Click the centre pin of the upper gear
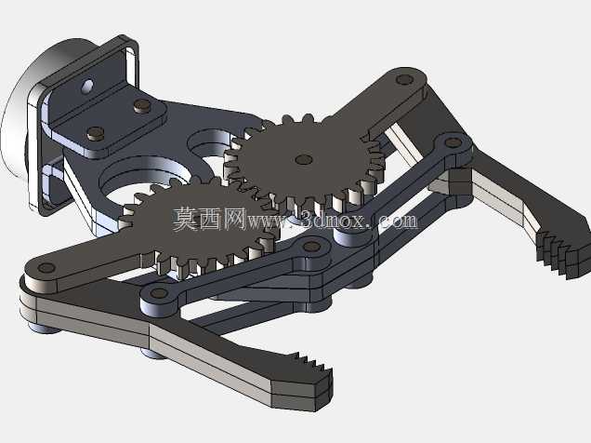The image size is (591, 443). pos(304,160)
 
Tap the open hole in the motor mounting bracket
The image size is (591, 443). pos(87,86)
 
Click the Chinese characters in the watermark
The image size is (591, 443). pos(209,219)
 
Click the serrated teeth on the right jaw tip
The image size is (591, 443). pos(557,252)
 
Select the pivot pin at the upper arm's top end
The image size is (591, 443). pos(405,80)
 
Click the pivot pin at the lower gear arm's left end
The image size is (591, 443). pos(46,268)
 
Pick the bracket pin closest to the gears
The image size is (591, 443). pos(142,105)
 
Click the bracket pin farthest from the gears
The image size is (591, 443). pos(96,133)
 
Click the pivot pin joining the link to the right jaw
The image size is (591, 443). pos(453,142)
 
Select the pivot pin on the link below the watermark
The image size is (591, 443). pos(311,248)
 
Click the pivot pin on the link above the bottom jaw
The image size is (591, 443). pos(159,293)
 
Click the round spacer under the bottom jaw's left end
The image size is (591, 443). pos(45,328)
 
